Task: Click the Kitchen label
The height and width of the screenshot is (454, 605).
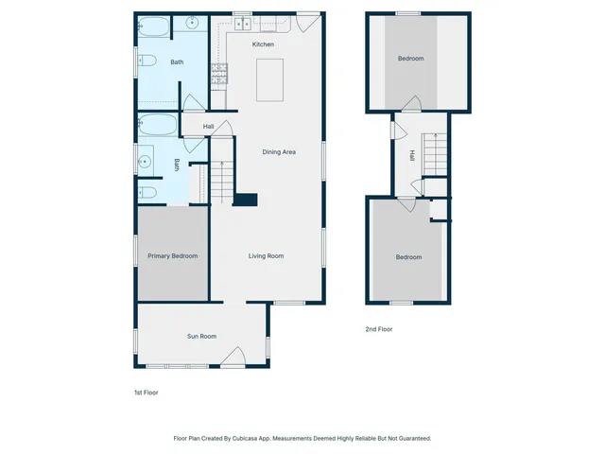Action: [263, 44]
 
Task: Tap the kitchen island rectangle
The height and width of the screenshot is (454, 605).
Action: [270, 79]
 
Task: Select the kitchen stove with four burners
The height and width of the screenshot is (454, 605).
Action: [219, 72]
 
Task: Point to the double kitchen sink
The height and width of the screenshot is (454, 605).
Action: [243, 24]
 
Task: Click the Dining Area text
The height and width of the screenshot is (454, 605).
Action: [279, 152]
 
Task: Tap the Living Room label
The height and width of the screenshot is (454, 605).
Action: [266, 256]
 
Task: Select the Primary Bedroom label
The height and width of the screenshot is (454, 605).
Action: [172, 256]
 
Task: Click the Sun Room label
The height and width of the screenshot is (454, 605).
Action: [201, 336]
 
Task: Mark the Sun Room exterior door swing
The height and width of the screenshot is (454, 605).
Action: [234, 358]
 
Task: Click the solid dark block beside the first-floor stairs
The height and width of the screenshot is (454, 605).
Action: [246, 200]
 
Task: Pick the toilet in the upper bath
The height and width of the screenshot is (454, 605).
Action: [147, 62]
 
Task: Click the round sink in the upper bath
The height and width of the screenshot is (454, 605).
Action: [191, 24]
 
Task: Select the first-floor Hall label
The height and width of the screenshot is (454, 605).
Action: [208, 127]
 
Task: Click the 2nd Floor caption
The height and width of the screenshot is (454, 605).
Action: [378, 329]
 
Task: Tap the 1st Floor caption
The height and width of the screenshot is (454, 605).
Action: [147, 392]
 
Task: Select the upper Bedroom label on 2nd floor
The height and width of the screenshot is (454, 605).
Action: [410, 59]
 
